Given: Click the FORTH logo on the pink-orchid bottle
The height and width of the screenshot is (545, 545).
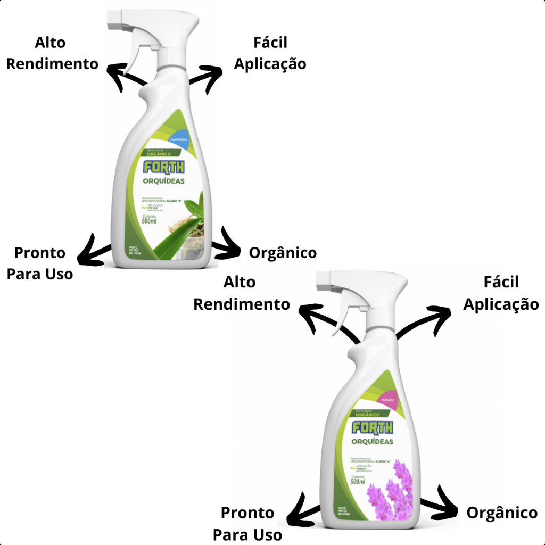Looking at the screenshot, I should coord(372,427).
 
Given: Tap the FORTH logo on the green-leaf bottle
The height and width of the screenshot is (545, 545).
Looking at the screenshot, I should coord(164,167).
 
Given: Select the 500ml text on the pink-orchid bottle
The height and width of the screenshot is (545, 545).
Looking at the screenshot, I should coord(358,482).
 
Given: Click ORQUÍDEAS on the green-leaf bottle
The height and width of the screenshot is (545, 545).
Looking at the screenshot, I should coord(164,181).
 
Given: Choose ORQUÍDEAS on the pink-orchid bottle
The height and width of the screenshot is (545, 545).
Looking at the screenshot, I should coord(372,442).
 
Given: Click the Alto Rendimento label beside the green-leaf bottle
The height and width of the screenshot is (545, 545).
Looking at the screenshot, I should coord(52,53).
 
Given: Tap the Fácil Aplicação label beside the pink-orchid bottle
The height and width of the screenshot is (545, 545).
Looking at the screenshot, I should coord(501,293).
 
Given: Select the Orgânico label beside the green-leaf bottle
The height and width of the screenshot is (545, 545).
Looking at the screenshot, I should coord(283,253).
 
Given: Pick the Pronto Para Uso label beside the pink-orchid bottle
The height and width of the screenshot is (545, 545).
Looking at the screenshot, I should coord(247,524).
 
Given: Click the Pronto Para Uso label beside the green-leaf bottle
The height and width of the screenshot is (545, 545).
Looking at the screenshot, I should coord(40,263).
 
